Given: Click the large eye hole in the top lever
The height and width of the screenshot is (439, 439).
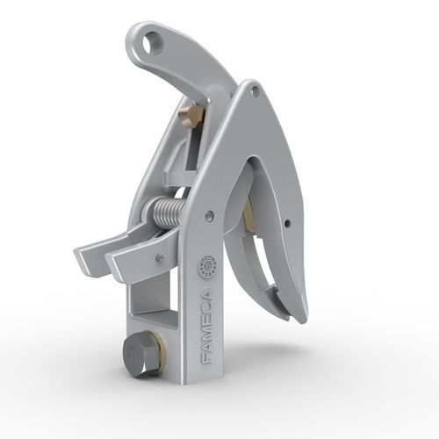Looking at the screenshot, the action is pyautogui.click(x=152, y=44).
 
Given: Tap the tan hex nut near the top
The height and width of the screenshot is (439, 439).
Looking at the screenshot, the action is pyautogui.click(x=191, y=114).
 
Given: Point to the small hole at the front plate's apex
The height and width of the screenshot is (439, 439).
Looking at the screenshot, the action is pyautogui.click(x=255, y=90).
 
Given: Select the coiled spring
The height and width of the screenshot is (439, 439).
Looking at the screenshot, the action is pyautogui.click(x=167, y=212).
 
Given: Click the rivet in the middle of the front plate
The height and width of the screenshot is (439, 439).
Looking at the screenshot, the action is pyautogui.click(x=209, y=215).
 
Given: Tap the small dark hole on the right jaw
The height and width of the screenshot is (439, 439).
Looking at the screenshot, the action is pyautogui.click(x=287, y=223).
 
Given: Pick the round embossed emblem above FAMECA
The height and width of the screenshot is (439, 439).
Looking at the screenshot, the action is pyautogui.click(x=208, y=266).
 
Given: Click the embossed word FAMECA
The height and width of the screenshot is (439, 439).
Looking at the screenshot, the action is pyautogui.click(x=208, y=327).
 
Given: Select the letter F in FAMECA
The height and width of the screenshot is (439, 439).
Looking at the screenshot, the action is pyautogui.click(x=208, y=358).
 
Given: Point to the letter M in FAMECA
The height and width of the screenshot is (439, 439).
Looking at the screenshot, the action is pyautogui.click(x=208, y=331).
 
